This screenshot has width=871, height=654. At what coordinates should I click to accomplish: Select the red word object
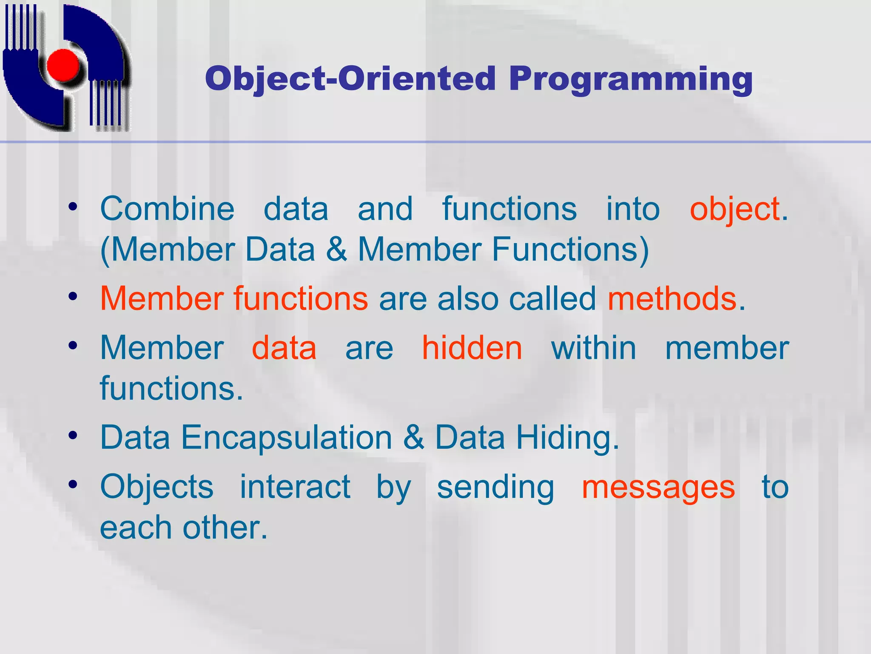click(734, 209)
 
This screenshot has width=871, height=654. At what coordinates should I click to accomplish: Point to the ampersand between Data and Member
click(336, 250)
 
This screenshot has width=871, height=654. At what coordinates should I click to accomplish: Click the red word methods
click(672, 299)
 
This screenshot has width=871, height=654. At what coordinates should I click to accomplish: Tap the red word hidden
click(472, 348)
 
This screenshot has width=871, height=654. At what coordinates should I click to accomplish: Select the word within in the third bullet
click(594, 348)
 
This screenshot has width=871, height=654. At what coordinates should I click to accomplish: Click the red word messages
click(658, 488)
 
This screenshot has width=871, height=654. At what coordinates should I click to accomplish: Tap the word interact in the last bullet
click(295, 487)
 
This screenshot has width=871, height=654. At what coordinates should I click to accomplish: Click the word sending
click(496, 488)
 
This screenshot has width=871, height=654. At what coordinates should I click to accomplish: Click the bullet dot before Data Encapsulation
click(73, 435)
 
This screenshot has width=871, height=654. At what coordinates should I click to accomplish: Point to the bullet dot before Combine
click(73, 207)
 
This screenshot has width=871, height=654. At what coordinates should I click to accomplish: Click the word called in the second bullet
click(552, 299)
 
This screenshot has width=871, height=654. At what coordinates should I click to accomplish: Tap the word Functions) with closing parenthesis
click(570, 250)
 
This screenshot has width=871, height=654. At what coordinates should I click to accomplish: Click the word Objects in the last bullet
click(157, 487)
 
